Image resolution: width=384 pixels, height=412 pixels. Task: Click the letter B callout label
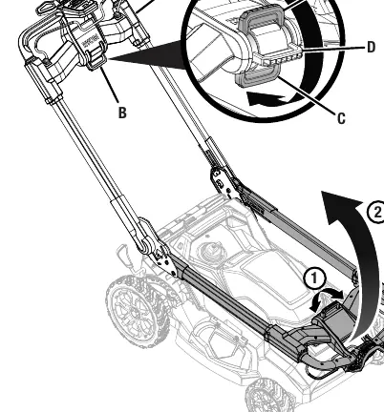click(122, 113)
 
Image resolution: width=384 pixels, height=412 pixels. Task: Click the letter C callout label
click(341, 118)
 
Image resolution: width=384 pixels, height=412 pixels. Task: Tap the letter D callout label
click(372, 47)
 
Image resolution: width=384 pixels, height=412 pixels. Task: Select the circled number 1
click(314, 278)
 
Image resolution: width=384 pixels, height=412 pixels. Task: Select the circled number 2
click(376, 212)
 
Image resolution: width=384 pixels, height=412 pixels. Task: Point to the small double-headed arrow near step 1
click(327, 299)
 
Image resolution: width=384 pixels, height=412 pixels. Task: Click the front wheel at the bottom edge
click(267, 396)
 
